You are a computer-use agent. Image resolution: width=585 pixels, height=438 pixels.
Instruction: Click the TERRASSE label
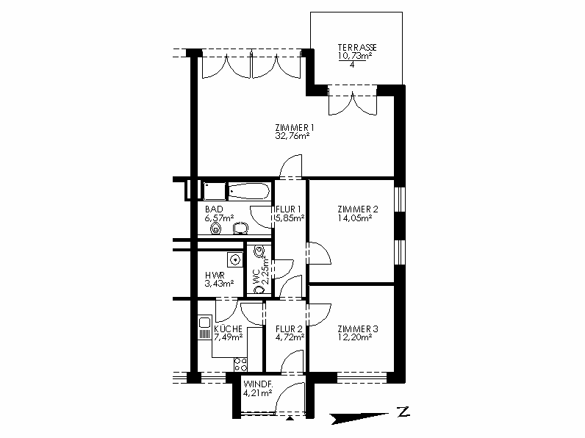pos(357,47)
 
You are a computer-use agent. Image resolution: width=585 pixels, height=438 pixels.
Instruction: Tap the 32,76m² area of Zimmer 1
pos(292,136)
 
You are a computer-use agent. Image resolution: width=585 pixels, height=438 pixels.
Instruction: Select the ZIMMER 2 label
pos(358,209)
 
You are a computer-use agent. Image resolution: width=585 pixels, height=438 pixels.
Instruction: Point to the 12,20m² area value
pos(355,337)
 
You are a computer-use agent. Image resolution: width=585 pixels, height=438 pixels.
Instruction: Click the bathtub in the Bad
pos(249,191)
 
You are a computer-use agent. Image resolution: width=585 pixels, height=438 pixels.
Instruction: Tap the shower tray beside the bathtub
pos(215,191)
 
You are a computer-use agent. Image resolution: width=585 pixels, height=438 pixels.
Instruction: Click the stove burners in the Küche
pos(240,365)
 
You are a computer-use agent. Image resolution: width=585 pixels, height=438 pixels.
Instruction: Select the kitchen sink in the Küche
pos(204,327)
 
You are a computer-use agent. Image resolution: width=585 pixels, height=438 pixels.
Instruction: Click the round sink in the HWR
pos(235,259)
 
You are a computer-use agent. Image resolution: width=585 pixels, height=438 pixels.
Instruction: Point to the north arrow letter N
pos(403,412)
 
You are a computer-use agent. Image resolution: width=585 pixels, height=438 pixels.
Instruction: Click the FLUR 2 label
pos(289,329)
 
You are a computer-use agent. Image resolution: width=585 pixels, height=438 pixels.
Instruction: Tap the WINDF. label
pos(258,384)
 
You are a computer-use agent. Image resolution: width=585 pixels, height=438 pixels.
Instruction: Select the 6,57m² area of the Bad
pos(219,218)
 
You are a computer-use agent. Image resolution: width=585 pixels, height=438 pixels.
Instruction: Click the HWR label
pos(215,276)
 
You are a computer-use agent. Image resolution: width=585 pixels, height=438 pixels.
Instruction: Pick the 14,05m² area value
pos(355,218)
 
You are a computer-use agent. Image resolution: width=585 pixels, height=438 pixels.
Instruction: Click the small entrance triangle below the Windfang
pos(290,418)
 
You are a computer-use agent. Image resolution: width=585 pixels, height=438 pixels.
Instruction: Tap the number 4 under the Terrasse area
pos(352,65)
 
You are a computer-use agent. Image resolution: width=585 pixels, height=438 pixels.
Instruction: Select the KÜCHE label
pos(229,329)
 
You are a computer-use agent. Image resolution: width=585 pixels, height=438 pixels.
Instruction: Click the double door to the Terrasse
pos(352,100)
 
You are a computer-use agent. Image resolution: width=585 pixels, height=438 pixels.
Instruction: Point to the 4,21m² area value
pos(257,393)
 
